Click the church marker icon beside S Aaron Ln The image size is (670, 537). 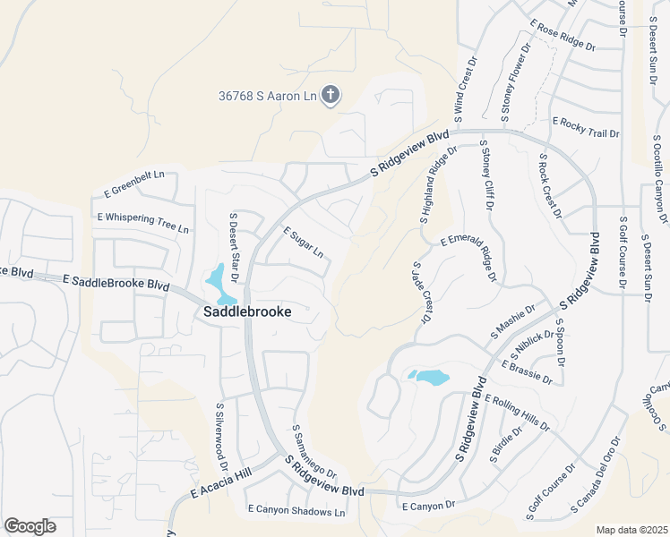tap(331, 95)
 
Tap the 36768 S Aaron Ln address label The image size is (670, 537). tap(268, 96)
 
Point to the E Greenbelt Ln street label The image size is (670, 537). tap(135, 183)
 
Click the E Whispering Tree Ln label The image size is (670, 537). tap(142, 223)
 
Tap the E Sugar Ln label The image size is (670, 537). tap(304, 242)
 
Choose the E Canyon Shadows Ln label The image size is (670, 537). tap(296, 512)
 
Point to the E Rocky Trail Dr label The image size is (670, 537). tap(586, 127)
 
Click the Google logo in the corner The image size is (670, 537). tap(30, 526)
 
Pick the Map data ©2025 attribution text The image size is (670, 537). tap(631, 530)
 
